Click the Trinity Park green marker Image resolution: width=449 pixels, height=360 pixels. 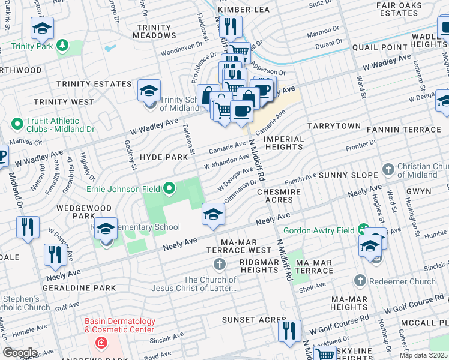(62, 46)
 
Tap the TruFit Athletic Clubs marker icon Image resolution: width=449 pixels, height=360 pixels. (17, 124)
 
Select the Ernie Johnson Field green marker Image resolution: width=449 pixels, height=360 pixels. (169, 190)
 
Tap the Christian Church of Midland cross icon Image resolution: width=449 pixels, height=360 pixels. (388, 169)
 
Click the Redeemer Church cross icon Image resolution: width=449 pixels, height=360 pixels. (360, 281)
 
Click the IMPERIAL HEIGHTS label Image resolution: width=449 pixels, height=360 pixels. (284, 143)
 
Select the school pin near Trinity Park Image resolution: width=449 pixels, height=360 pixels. (43, 28)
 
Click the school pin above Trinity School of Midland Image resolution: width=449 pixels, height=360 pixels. (149, 91)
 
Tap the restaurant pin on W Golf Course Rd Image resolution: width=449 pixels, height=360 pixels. (289, 331)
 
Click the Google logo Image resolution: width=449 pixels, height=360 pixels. (19, 352)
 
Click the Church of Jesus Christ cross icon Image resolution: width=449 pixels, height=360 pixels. (220, 264)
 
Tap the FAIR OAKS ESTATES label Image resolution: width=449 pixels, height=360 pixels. (409, 9)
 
